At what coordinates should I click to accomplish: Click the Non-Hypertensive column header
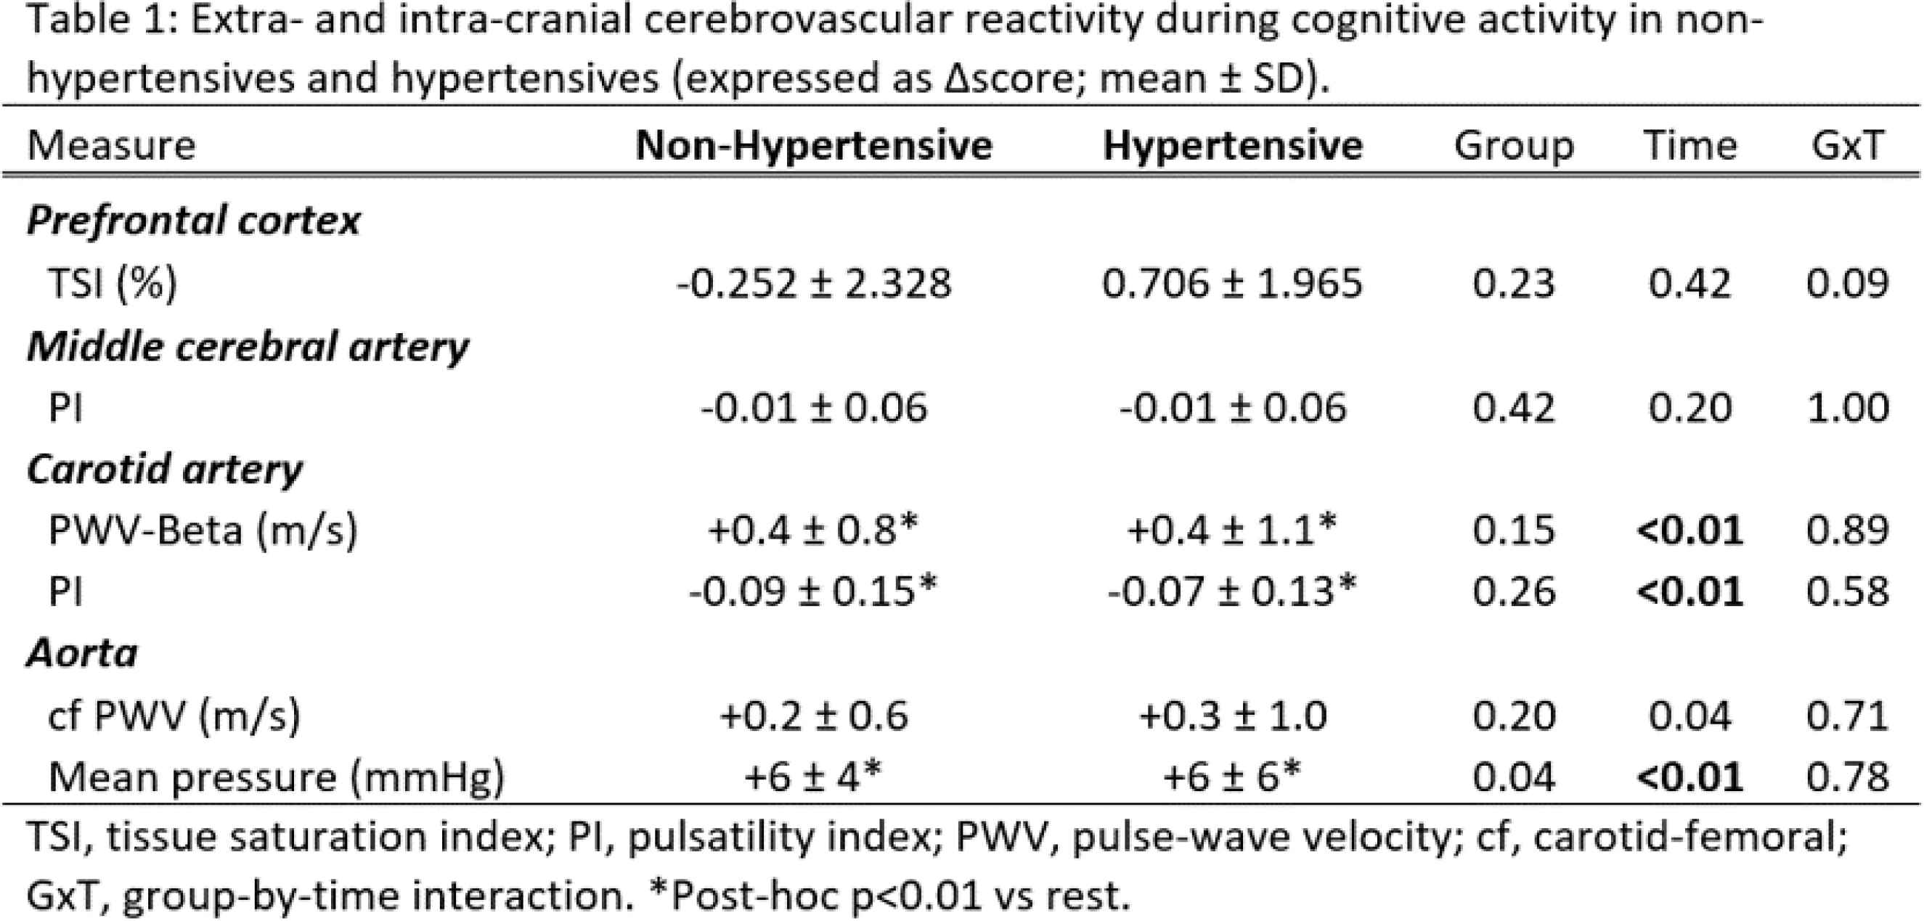(x=813, y=145)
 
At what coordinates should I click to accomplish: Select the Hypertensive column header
(x=1232, y=145)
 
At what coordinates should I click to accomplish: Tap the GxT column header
(x=1847, y=145)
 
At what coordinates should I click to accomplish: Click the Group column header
(x=1513, y=145)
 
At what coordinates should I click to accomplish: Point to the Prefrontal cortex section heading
(x=193, y=221)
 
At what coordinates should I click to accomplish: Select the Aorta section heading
(x=82, y=654)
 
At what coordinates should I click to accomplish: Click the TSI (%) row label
(x=112, y=284)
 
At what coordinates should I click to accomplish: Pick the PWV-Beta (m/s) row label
(x=203, y=531)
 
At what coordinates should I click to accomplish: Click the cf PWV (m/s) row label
(x=174, y=715)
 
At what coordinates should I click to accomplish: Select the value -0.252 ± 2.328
(x=813, y=284)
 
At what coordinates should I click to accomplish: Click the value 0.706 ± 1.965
(x=1232, y=284)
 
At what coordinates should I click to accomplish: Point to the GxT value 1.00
(x=1847, y=407)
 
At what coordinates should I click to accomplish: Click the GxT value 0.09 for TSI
(x=1847, y=284)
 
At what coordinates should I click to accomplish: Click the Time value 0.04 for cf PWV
(x=1689, y=715)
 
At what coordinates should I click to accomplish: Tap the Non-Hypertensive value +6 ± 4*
(x=812, y=777)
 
